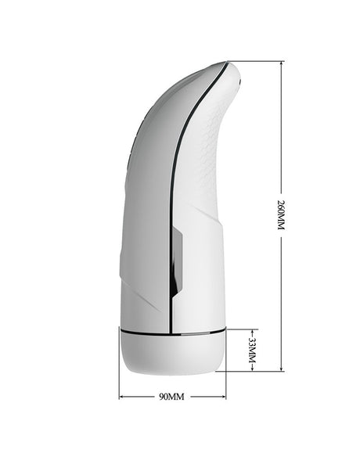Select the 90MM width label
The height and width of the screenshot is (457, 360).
click(x=171, y=397)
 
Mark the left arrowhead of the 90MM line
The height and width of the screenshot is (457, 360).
click(x=122, y=397)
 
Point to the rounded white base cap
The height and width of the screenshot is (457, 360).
click(x=172, y=352)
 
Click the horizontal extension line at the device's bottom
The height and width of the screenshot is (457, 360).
click(x=254, y=370)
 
